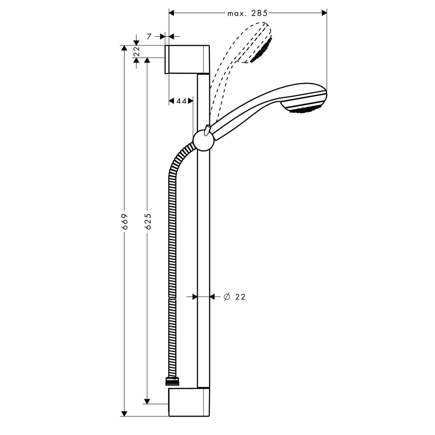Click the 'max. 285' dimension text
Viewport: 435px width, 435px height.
tap(247, 13)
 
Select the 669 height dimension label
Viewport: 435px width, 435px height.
tap(125, 221)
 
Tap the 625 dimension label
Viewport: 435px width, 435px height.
tap(148, 221)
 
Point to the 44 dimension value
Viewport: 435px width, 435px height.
tap(181, 101)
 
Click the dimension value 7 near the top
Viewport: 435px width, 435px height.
tap(149, 37)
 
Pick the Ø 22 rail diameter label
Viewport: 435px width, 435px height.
tap(235, 297)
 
